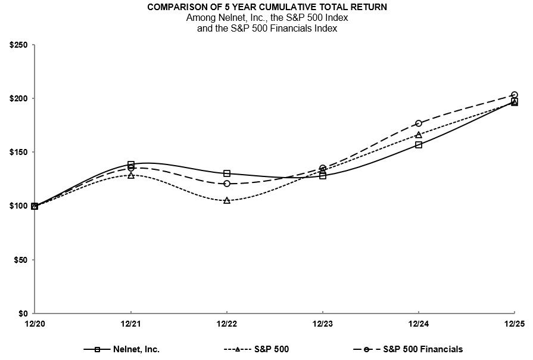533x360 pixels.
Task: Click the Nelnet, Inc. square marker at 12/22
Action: click(x=227, y=173)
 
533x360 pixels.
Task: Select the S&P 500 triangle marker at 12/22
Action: click(x=227, y=200)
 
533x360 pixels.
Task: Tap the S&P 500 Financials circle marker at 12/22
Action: click(x=227, y=184)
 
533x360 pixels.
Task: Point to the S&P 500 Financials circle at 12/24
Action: click(x=419, y=123)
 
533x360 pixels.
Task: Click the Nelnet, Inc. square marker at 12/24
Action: click(x=419, y=144)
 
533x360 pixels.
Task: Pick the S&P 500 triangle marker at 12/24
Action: click(x=419, y=135)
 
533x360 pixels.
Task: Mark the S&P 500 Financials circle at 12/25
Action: click(x=515, y=95)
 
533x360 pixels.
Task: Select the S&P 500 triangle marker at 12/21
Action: click(x=131, y=175)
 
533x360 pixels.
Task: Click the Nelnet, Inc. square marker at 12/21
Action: click(x=131, y=165)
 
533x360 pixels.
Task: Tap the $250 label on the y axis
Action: click(x=19, y=45)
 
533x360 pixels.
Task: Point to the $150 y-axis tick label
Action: click(x=19, y=152)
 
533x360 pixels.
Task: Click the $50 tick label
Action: click(x=21, y=260)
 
